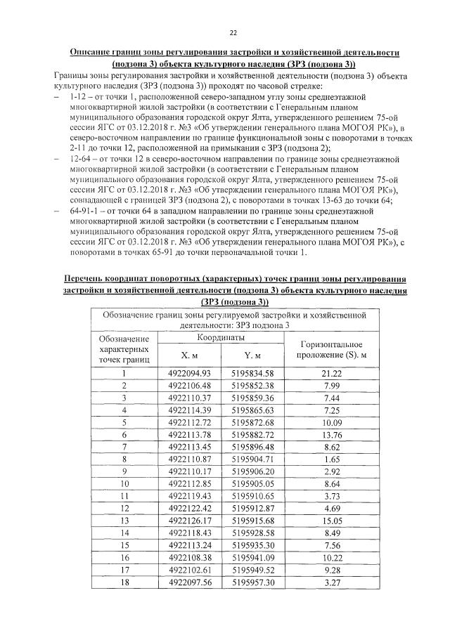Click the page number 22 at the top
click(x=232, y=32)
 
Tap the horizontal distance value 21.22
click(x=330, y=374)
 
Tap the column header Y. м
click(x=255, y=355)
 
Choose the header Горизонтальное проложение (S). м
click(x=330, y=349)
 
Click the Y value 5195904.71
click(x=255, y=460)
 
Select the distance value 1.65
click(x=330, y=460)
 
